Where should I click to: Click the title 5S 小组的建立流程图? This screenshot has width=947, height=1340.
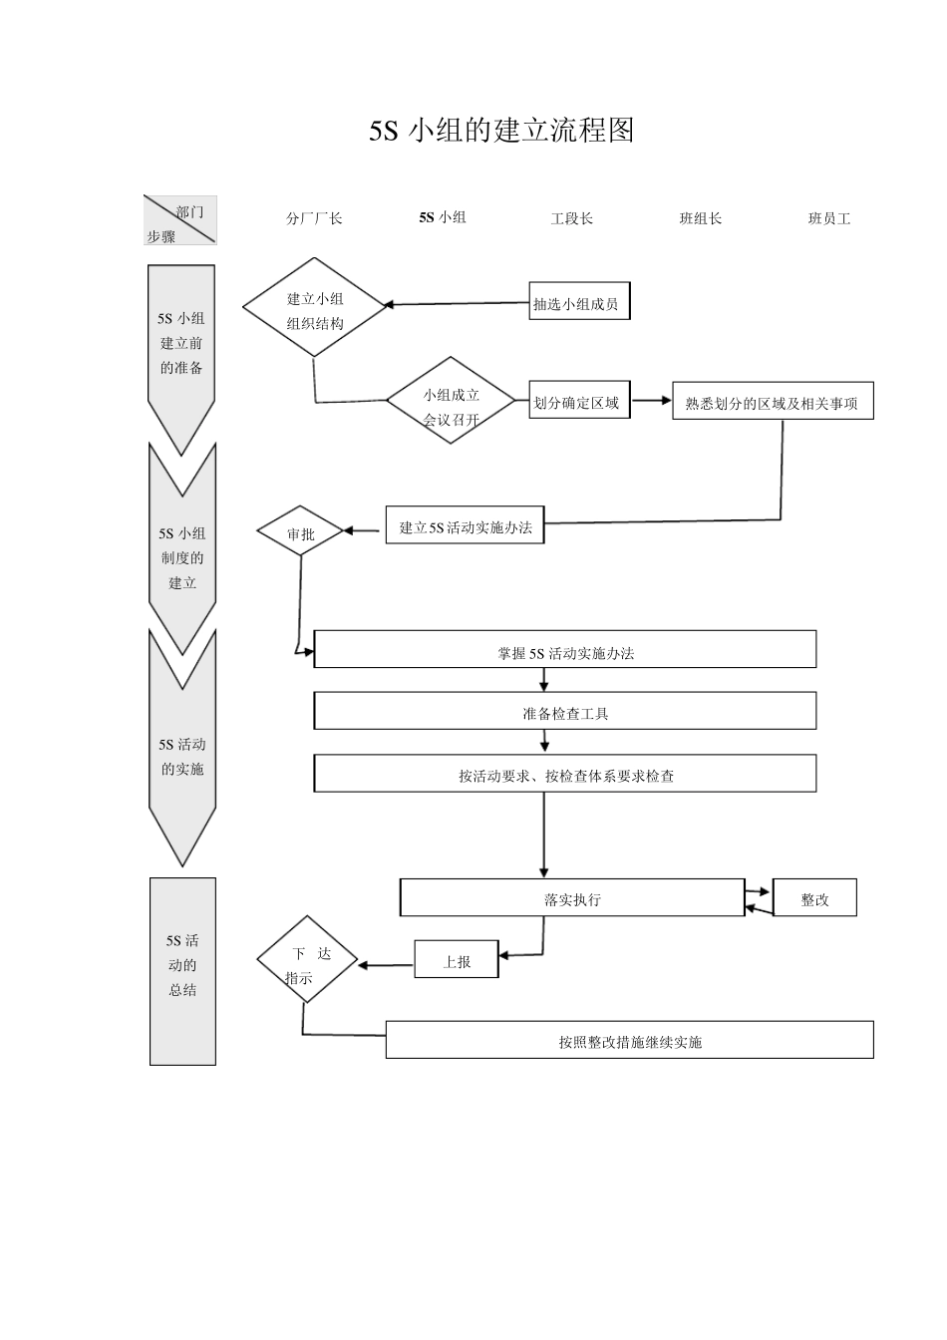point(501,131)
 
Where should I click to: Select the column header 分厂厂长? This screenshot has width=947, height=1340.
point(314,218)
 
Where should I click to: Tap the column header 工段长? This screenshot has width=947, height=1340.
point(571,218)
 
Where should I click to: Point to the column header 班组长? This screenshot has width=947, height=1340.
point(700,218)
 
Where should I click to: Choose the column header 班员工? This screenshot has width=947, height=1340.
point(828,218)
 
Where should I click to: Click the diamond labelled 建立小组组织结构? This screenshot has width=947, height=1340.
point(315,308)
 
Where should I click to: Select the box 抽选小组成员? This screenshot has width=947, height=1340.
point(578,303)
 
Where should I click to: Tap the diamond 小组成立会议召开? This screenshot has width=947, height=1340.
point(452,402)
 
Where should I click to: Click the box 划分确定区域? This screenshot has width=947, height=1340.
point(578,402)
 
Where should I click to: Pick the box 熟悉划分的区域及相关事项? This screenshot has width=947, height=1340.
point(773,402)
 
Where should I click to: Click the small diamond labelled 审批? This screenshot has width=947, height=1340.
point(300,533)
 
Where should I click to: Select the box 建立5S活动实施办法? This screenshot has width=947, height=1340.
point(466,527)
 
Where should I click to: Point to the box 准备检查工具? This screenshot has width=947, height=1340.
point(565,712)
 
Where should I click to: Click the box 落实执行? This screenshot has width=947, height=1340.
point(572,897)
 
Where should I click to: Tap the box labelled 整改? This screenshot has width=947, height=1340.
point(814,898)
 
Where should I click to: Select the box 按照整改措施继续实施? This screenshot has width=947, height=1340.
point(629,1040)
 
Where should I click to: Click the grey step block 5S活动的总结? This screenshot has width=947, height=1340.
point(182,970)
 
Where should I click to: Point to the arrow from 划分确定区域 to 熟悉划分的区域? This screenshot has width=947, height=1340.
point(651,401)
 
